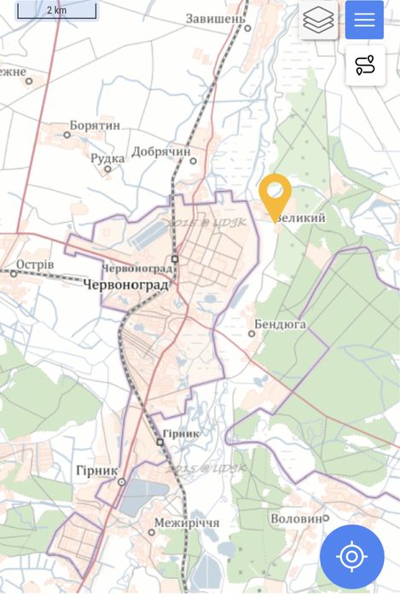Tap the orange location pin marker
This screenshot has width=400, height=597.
pos(275,194)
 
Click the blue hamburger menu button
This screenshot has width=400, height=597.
pos(364,20)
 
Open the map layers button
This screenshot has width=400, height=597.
pos(318,20)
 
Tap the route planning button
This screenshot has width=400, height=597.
pos(365,65)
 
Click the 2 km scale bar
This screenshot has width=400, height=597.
pos(56,11)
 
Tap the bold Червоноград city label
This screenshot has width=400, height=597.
pos(127,286)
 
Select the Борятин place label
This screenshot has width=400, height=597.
pos(95,125)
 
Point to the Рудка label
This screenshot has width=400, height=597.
pos(107,158)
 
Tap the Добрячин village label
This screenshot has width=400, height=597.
pos(160,152)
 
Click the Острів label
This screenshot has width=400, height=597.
pos(35,265)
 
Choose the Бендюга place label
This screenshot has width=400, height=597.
pos(281,325)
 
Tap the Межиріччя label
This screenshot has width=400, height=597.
pos(187,523)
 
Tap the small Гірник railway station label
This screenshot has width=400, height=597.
pos(182,433)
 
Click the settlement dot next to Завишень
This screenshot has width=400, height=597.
pos(248,27)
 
